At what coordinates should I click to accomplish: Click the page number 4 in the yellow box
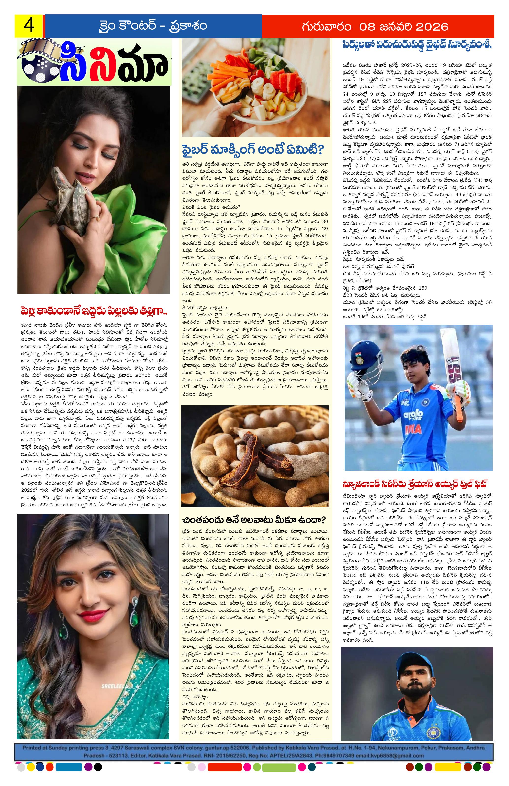click(x=28, y=26)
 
